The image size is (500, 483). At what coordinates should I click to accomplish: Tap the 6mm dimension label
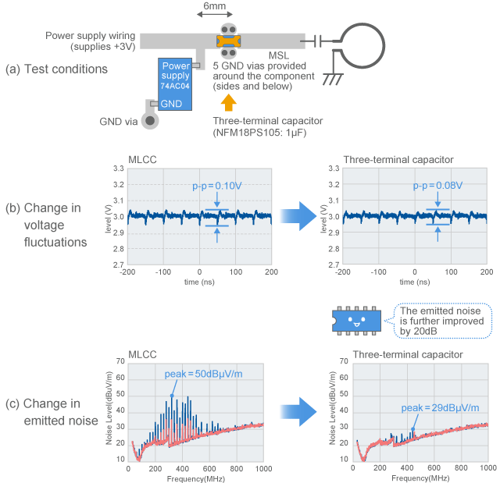(215, 11)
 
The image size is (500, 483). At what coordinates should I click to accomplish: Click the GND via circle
(152, 119)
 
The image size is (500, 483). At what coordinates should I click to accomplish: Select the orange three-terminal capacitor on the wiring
(229, 39)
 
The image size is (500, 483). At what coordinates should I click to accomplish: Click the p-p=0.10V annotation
(217, 186)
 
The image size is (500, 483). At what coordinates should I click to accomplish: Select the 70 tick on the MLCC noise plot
(120, 361)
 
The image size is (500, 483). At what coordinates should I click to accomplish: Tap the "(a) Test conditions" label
(56, 69)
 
